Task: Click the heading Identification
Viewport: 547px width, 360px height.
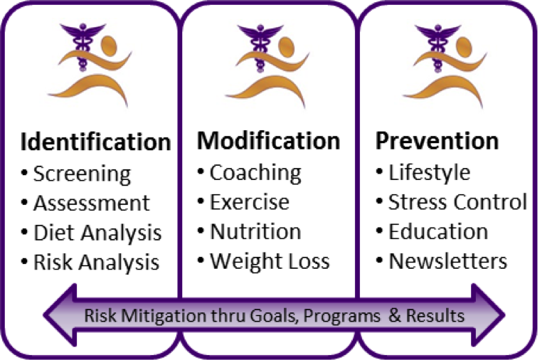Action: coord(95,142)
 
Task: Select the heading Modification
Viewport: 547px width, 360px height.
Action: coord(268,141)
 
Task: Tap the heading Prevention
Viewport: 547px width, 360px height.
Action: coord(437,141)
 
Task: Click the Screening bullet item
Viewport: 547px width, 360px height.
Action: coord(82,174)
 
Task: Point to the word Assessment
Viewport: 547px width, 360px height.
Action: coord(92,203)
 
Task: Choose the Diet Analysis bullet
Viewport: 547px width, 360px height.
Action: coord(97,232)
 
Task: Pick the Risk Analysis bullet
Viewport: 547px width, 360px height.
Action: coord(96,262)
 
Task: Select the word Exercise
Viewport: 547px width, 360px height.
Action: coord(250,202)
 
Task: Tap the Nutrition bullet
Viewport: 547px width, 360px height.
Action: coord(255,231)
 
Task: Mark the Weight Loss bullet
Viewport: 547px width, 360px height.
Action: coord(270,260)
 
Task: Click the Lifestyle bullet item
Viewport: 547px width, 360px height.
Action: coord(429,172)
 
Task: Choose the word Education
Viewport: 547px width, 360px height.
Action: coord(438,231)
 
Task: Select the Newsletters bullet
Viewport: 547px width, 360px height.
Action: coord(447,260)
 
